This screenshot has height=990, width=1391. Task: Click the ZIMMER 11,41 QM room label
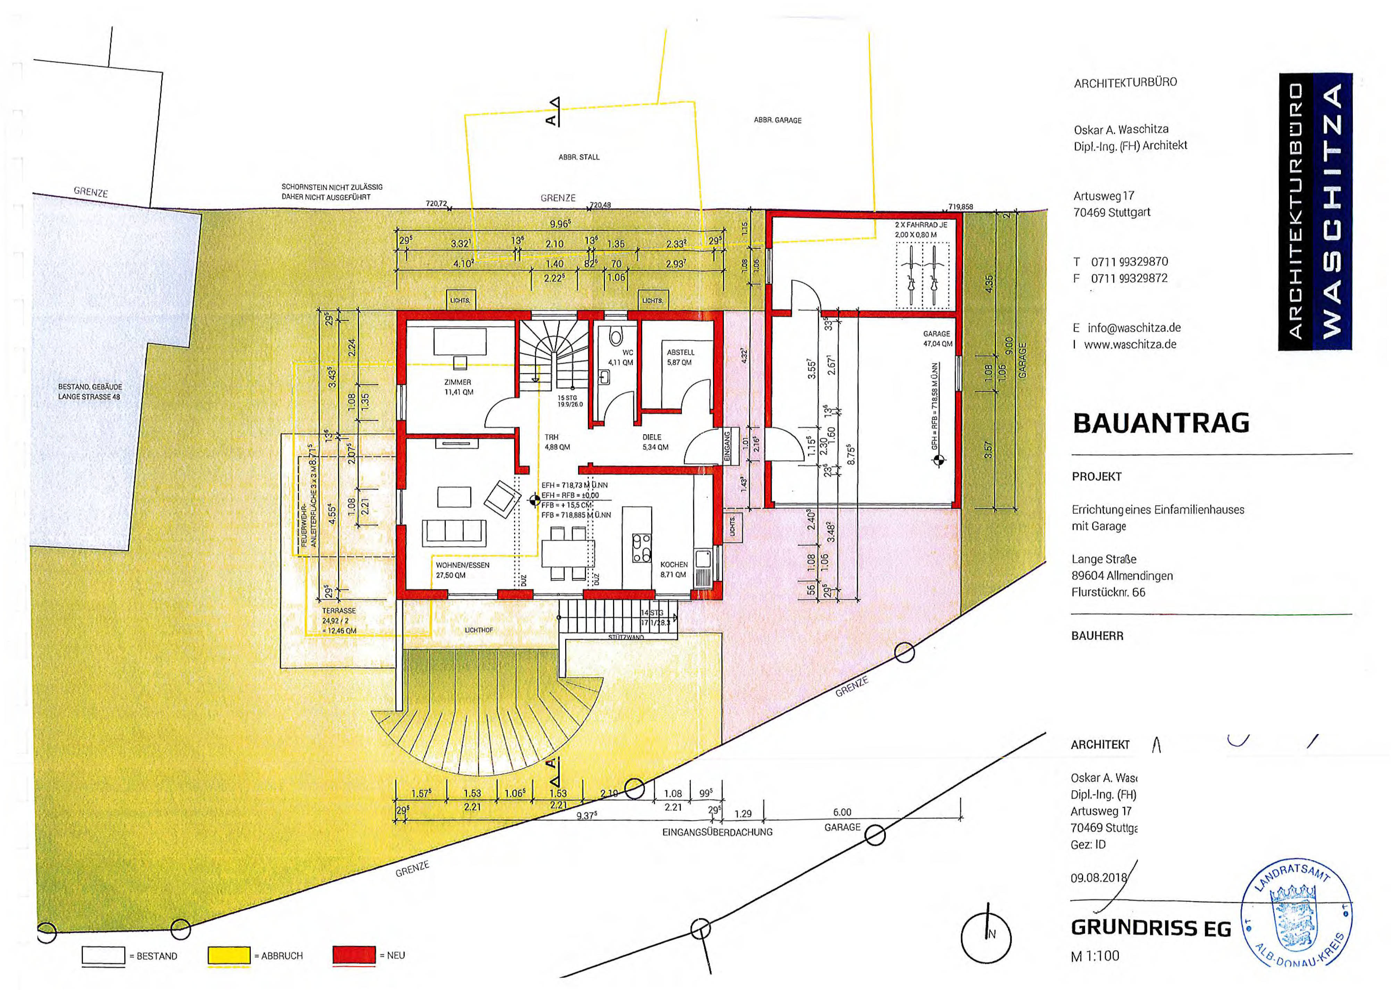pyautogui.click(x=458, y=387)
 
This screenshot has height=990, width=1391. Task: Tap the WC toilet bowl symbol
pyautogui.click(x=615, y=337)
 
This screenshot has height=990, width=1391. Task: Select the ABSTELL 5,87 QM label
pyautogui.click(x=680, y=357)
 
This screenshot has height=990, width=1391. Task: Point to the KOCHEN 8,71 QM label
pyautogui.click(x=673, y=569)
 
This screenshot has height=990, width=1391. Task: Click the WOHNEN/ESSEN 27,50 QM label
pyautogui.click(x=462, y=570)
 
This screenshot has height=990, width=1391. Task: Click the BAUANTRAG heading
pyautogui.click(x=1161, y=423)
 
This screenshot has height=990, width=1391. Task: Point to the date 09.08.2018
pyautogui.click(x=1098, y=878)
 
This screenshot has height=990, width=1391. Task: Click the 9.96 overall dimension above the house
pyautogui.click(x=560, y=224)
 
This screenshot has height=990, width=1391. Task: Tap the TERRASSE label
pyautogui.click(x=339, y=611)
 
